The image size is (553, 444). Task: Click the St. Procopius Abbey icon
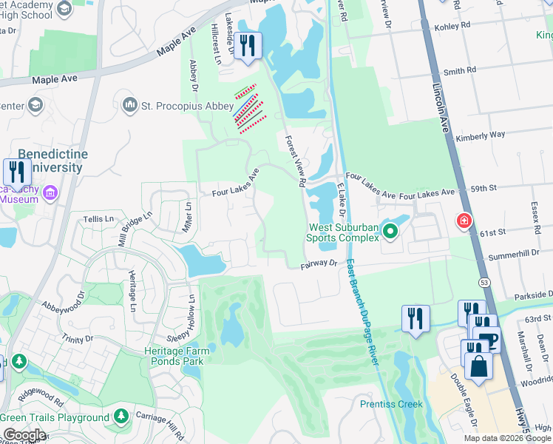[131, 105]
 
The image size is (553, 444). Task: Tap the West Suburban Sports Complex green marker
[390, 232]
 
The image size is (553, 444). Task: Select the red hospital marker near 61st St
[464, 221]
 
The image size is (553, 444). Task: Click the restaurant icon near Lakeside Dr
[247, 45]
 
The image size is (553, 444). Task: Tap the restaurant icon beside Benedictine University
[16, 172]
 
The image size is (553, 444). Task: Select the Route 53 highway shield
[484, 282]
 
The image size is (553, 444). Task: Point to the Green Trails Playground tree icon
[121, 417]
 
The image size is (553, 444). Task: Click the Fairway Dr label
[319, 263]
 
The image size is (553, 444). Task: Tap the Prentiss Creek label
[391, 404]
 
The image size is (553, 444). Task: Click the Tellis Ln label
[99, 219]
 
